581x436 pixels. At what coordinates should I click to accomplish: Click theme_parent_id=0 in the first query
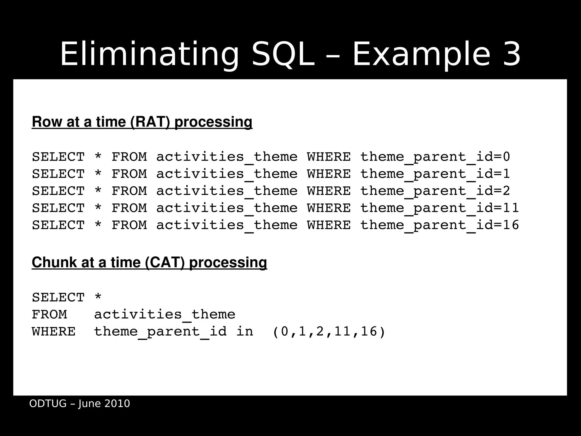pos(435,157)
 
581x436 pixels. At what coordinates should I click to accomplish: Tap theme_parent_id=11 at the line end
pos(439,208)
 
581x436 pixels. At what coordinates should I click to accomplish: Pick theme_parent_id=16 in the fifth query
pos(439,225)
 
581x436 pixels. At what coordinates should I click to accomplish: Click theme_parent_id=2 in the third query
pos(435,191)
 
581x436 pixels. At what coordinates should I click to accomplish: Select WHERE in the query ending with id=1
pos(329,174)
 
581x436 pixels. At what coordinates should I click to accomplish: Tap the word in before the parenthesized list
pos(245,332)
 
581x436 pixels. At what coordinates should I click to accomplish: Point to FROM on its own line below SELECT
pos(49,315)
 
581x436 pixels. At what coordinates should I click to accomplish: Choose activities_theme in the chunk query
pos(165,315)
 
